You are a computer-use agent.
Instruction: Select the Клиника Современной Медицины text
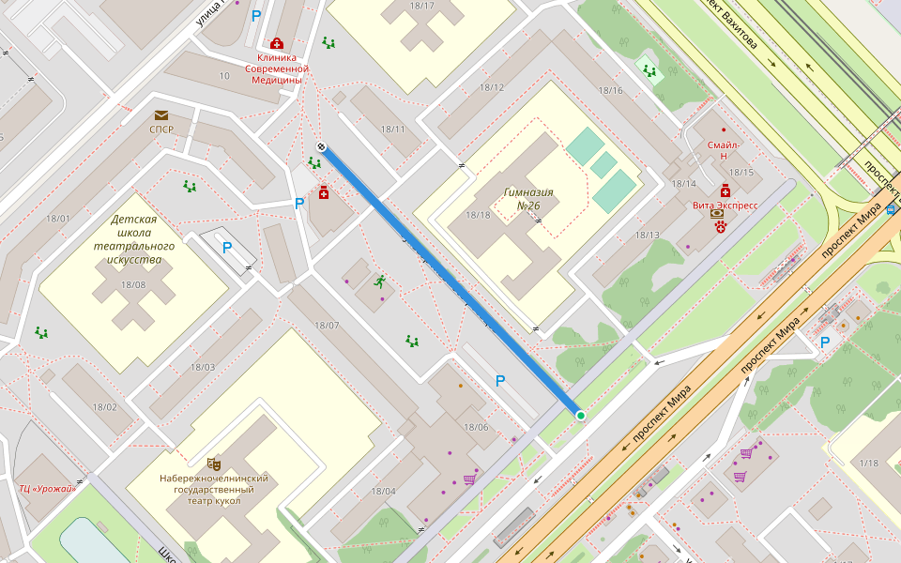[277, 68]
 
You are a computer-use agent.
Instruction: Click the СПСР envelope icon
[161, 115]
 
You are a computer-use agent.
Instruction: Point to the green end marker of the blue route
[581, 416]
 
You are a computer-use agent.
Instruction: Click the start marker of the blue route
[321, 146]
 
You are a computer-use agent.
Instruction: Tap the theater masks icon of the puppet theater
[213, 463]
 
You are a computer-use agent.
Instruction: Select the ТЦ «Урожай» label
[47, 488]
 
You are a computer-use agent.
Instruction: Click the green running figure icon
[380, 281]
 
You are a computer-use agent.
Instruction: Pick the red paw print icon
[721, 227]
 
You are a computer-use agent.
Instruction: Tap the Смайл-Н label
[724, 151]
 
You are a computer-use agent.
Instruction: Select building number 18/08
[132, 284]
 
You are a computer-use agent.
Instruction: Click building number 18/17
[422, 7]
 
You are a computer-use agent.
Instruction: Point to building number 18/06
[477, 427]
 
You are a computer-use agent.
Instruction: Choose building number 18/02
[104, 406]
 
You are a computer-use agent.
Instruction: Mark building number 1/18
[868, 463]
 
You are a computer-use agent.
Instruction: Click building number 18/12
[492, 88]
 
